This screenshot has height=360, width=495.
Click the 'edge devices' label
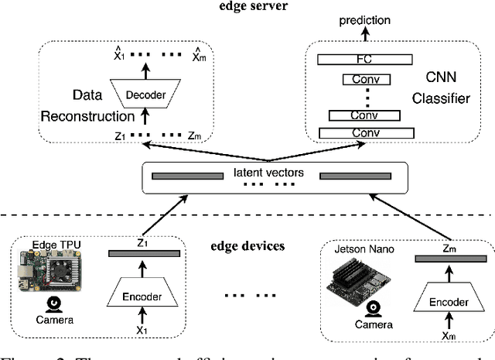click(x=247, y=246)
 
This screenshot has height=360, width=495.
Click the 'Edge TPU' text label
click(x=56, y=245)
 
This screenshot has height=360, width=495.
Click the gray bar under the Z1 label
click(x=144, y=254)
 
